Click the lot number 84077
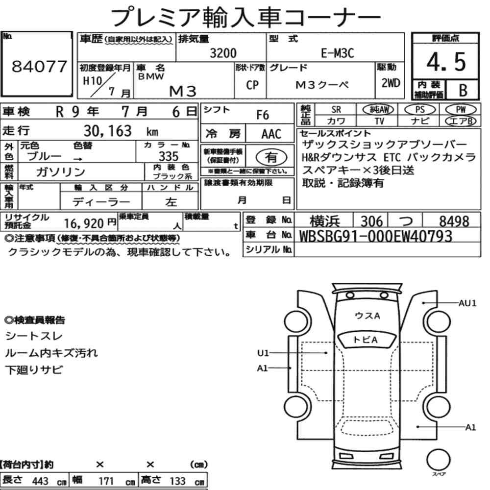point(39,66)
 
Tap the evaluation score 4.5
point(446,62)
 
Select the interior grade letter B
point(463,90)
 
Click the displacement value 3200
point(223,53)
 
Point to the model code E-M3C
point(338,53)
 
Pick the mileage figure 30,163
point(108,131)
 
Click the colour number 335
point(169,156)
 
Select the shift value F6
point(263,115)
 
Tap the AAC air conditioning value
point(271,134)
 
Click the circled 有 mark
point(271,157)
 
